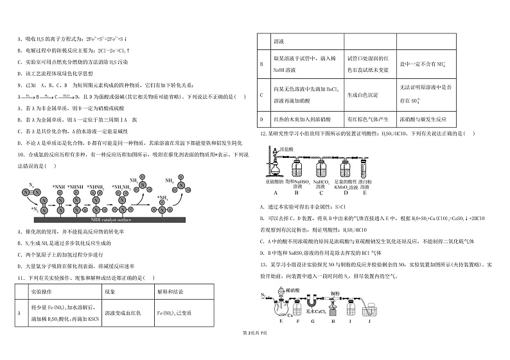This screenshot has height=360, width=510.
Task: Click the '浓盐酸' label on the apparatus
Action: tap(286, 149)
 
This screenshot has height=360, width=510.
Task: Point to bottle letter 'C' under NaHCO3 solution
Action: tap(324, 192)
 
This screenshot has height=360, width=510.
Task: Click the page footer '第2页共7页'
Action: tap(255, 352)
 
